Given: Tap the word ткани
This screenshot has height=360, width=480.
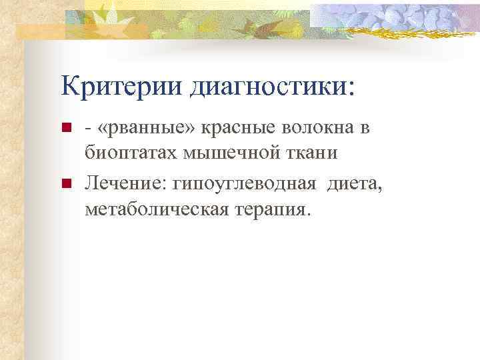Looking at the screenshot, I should [x=307, y=153].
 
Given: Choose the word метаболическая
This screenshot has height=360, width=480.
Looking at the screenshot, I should [x=155, y=209].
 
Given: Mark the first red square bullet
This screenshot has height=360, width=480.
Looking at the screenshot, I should [x=65, y=128].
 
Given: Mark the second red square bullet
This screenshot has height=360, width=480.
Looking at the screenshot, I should [x=65, y=184].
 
